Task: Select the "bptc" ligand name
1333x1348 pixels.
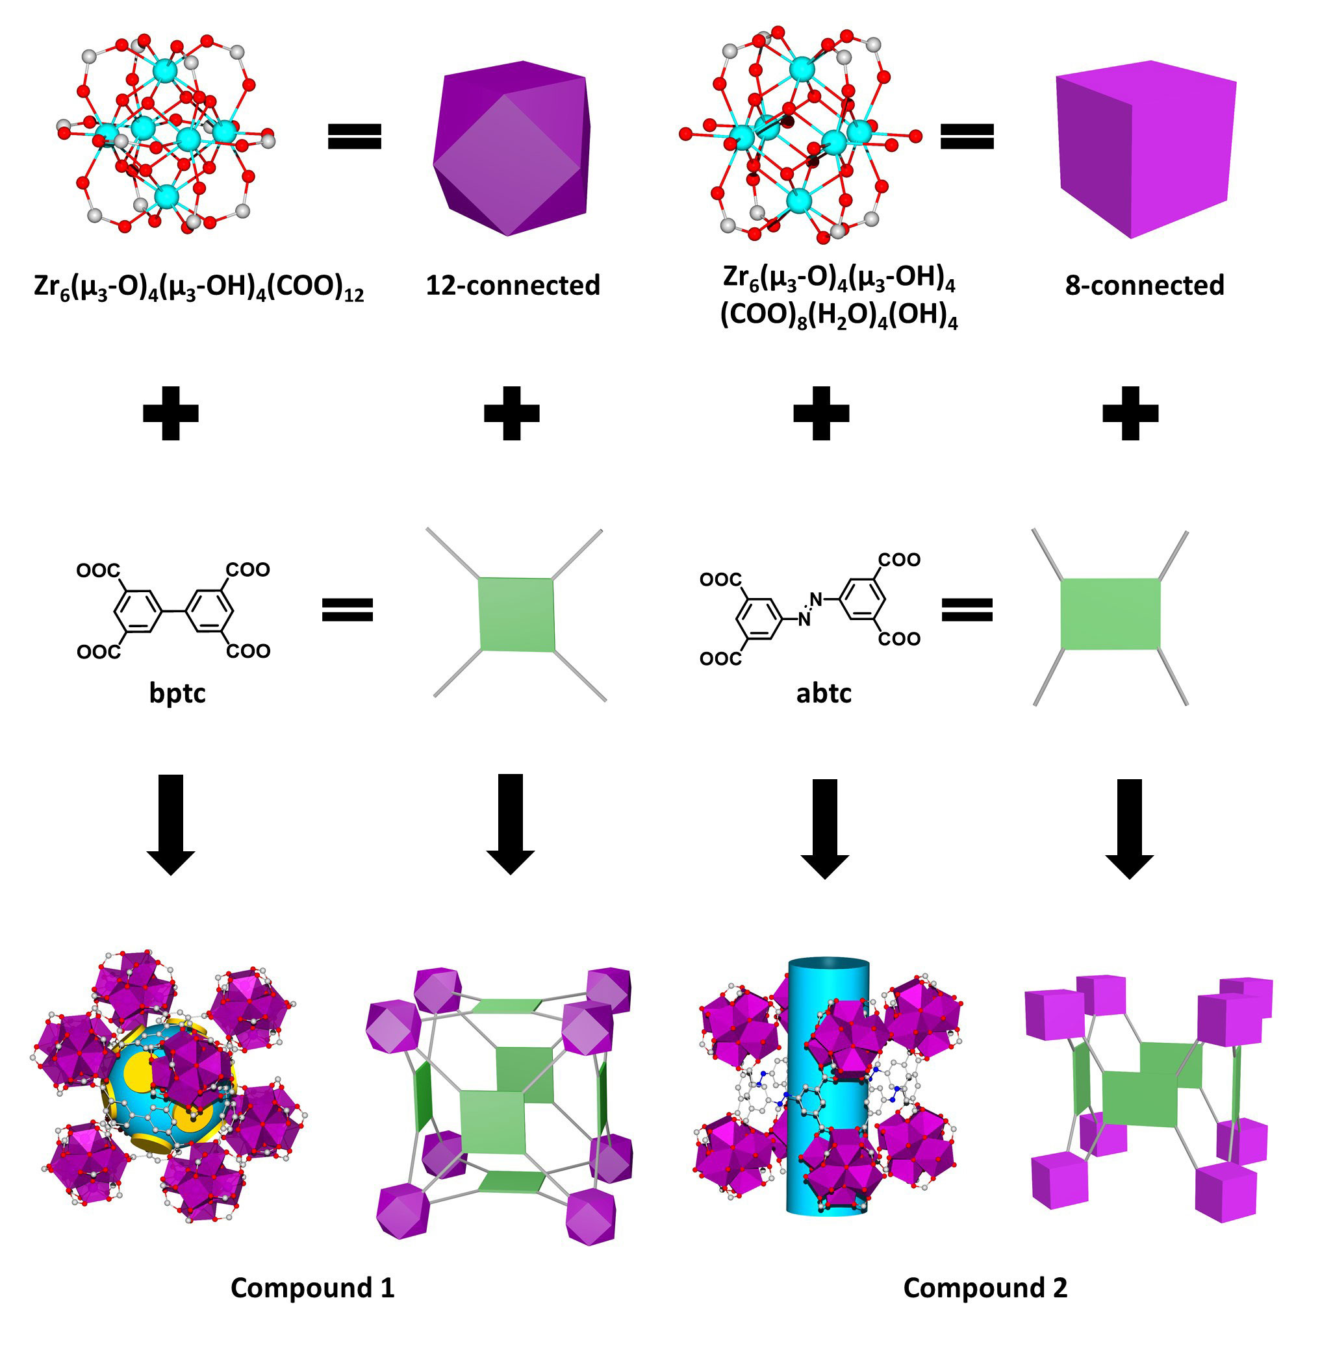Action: (177, 693)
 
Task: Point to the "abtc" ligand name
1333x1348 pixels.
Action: (824, 693)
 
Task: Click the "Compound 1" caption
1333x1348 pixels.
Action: (312, 1288)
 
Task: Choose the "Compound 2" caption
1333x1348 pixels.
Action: (985, 1288)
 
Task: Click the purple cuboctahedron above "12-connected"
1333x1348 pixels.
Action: (511, 148)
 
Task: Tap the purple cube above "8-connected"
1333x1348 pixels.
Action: (1145, 148)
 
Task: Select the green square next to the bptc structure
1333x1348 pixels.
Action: (517, 615)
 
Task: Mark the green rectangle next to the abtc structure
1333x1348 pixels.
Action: (1110, 614)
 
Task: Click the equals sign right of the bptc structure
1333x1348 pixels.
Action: (348, 609)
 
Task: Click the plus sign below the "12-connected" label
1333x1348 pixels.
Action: (511, 413)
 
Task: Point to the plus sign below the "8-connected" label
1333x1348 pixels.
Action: (1130, 413)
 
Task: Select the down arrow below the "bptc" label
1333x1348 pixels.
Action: (171, 823)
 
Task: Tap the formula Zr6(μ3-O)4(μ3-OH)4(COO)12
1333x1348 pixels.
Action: (199, 287)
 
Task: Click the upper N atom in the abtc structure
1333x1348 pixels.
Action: (816, 598)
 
